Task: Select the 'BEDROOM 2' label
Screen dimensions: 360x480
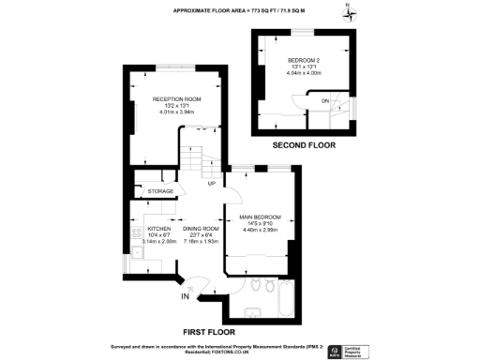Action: pos(303,60)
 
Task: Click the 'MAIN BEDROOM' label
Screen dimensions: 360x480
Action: pos(259,217)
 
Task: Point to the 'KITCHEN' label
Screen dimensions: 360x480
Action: pos(158,229)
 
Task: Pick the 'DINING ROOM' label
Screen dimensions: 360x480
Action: pos(200,229)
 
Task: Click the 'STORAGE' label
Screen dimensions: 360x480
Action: pos(161,191)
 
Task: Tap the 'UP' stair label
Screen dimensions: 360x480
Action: pos(212,184)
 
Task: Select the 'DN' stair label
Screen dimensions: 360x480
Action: pos(325,100)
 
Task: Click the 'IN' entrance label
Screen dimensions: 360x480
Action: pos(186,297)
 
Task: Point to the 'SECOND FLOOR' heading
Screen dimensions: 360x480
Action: pos(304,146)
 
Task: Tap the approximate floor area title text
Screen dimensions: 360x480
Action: pos(240,10)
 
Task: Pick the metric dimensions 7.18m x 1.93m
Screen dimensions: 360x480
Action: pos(200,241)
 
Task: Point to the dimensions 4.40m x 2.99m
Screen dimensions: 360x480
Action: pos(259,230)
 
